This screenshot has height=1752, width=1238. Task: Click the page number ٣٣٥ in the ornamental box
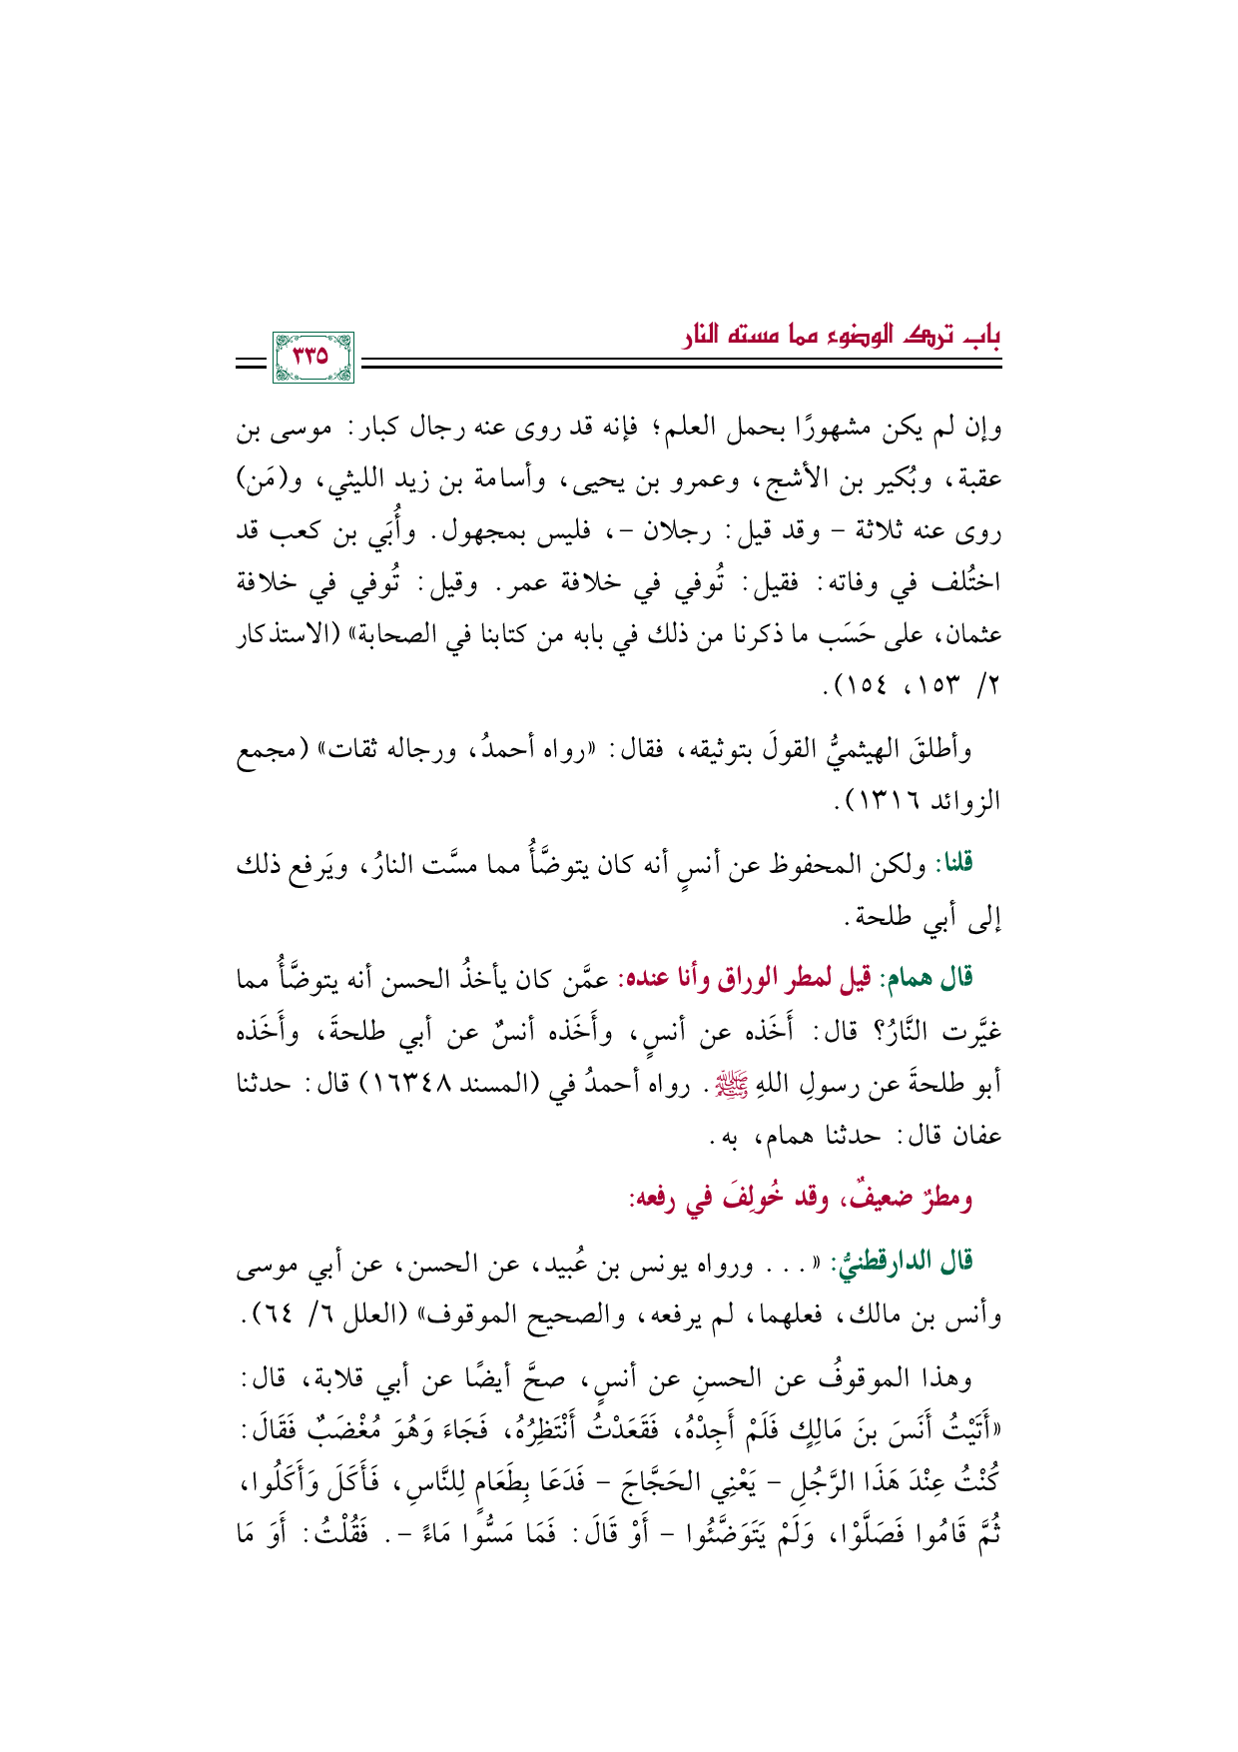point(311,354)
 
